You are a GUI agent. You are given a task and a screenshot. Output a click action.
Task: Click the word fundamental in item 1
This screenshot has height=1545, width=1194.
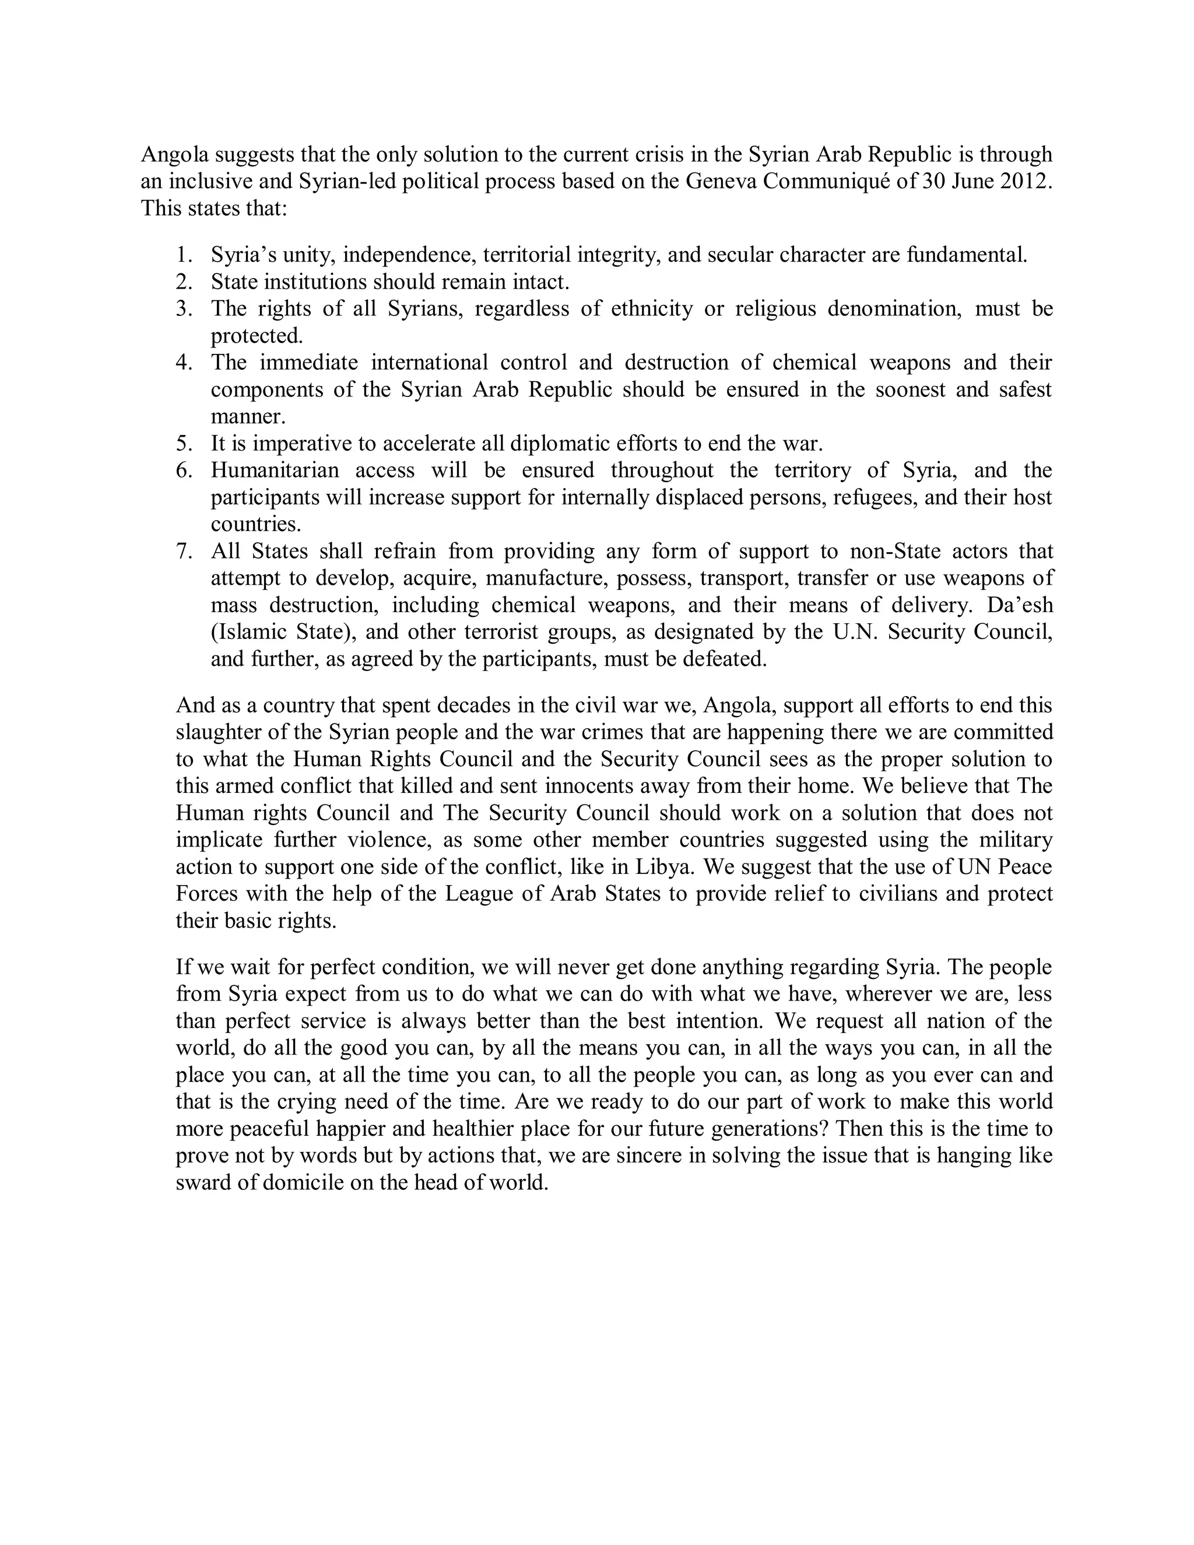966,255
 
